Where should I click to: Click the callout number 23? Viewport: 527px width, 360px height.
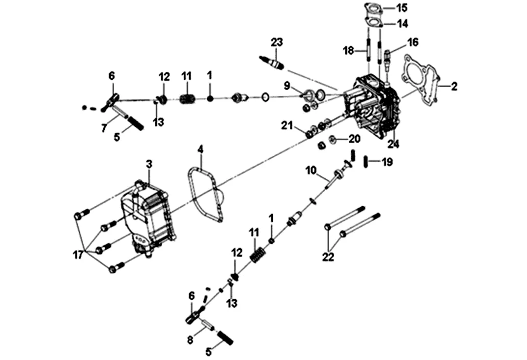[277, 42]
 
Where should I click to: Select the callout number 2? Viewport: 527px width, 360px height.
[454, 86]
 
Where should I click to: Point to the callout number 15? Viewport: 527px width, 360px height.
[402, 7]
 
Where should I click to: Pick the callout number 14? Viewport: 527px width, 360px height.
[402, 24]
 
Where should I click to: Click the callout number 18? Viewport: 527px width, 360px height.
[349, 50]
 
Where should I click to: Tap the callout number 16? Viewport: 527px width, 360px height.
[413, 42]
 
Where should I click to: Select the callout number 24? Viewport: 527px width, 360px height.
[393, 144]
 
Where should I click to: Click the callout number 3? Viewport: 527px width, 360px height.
[149, 164]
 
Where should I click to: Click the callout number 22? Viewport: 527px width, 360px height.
[328, 257]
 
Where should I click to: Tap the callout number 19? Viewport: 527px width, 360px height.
[387, 162]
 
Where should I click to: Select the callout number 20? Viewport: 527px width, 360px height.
[354, 139]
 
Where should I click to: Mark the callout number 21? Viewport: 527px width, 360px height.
[287, 126]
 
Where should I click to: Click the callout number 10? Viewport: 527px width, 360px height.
[311, 170]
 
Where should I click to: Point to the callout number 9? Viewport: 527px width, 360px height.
[287, 86]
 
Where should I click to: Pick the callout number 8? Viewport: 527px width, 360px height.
[190, 340]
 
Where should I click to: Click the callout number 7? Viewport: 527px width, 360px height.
[104, 128]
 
